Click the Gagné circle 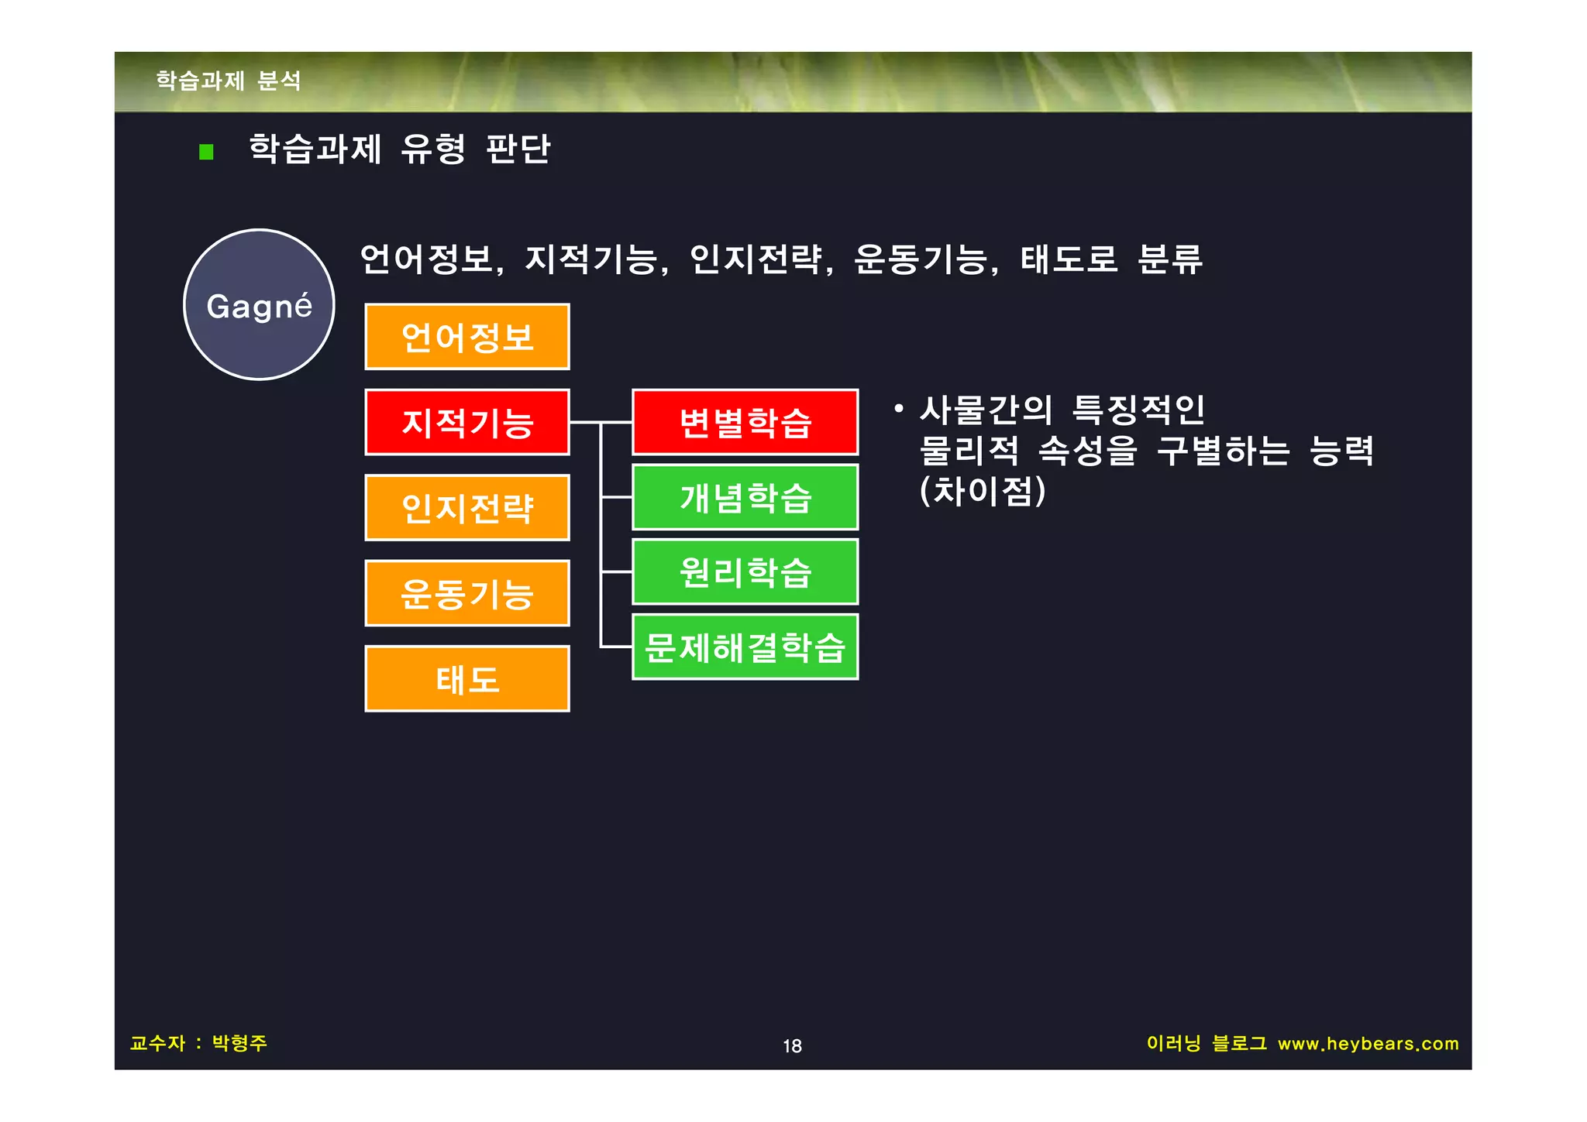[259, 305]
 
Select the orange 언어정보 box [467, 337]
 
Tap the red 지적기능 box [467, 422]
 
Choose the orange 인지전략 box [467, 508]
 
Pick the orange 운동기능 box [467, 593]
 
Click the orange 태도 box [467, 679]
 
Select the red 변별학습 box [745, 422]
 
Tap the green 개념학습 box [745, 497]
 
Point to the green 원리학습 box [745, 572]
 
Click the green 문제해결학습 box [745, 647]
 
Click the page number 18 [792, 1046]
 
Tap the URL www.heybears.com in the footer [1368, 1044]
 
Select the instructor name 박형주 [239, 1043]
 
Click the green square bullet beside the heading [206, 151]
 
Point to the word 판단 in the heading [518, 149]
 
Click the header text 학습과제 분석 [229, 81]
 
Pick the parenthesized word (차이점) [983, 491]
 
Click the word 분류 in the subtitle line [1169, 259]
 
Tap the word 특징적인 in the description [1138, 410]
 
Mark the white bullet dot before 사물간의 [898, 407]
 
